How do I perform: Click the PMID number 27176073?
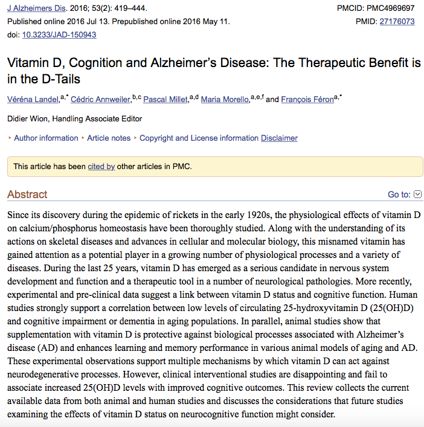[x=397, y=21]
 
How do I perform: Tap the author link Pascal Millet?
[x=166, y=100]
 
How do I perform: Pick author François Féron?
[x=307, y=100]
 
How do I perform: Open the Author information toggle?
[x=46, y=138]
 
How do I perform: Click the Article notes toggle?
[x=109, y=138]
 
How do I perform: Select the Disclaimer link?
[x=279, y=138]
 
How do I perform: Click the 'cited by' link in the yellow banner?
[x=101, y=166]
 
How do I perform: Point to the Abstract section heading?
[x=27, y=194]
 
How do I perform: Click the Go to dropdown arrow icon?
[x=417, y=194]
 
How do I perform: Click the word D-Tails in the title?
[x=58, y=79]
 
